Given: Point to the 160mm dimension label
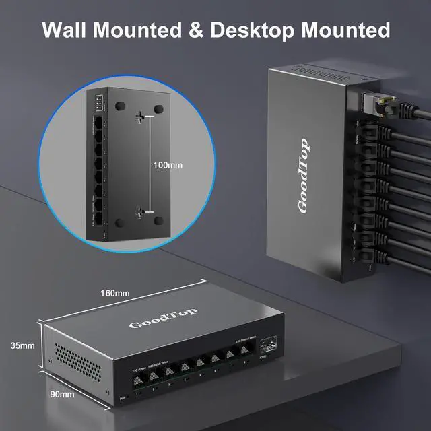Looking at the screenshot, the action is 114,293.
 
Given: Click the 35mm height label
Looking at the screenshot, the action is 22,346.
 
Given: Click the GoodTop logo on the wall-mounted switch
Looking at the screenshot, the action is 303,176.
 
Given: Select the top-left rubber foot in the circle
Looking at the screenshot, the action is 122,106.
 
